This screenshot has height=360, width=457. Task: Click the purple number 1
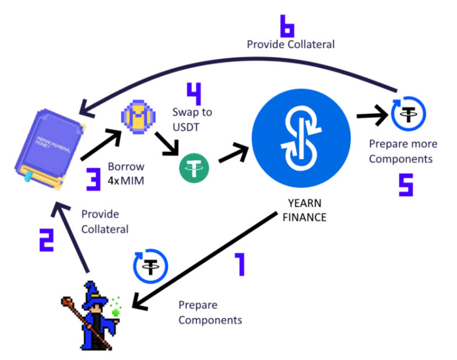coord(238,264)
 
